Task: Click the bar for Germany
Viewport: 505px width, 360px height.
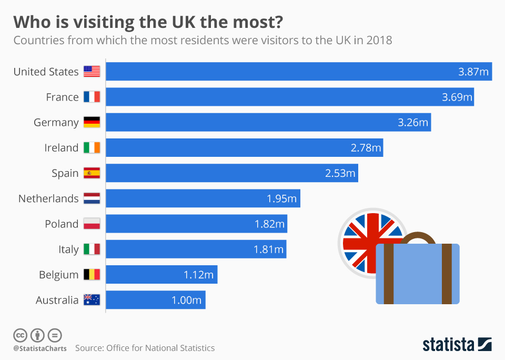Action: [268, 123]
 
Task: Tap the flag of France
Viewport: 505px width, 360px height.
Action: [92, 97]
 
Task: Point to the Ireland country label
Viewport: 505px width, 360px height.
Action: [61, 148]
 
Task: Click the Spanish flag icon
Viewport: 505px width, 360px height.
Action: [92, 173]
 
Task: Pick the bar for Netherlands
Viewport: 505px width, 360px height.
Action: [203, 198]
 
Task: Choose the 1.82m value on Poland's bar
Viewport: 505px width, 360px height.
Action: [269, 224]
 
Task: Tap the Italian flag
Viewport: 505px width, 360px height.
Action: [92, 249]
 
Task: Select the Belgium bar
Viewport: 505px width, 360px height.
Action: [161, 275]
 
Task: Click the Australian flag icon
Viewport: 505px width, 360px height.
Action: [92, 300]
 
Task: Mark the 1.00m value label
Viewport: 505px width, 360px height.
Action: [186, 301]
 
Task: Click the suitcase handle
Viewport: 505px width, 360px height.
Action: [418, 237]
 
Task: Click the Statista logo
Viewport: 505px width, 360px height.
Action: [457, 345]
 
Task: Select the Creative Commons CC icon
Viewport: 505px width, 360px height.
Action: [20, 335]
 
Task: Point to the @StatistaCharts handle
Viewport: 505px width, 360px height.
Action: [40, 348]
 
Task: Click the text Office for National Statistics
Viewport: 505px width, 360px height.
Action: [160, 348]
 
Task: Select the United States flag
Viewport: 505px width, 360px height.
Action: [92, 72]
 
